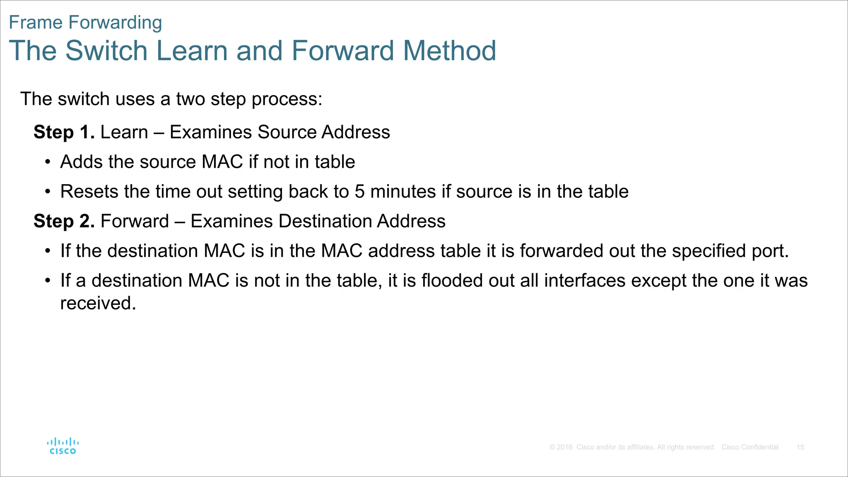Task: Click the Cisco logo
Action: (x=63, y=446)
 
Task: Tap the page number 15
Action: (x=800, y=447)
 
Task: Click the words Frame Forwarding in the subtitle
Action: (x=85, y=22)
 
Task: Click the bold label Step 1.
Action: (x=64, y=132)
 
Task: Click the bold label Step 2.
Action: (x=64, y=221)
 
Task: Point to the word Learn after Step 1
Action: (x=124, y=132)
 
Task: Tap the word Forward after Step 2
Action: (x=135, y=221)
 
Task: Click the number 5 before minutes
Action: (x=359, y=192)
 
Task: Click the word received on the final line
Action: (x=98, y=303)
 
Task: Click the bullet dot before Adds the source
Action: (x=48, y=162)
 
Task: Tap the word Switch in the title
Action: (x=106, y=51)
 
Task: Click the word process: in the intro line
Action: (x=287, y=99)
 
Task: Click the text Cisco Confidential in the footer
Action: (x=750, y=447)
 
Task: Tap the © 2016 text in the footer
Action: (x=561, y=447)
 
